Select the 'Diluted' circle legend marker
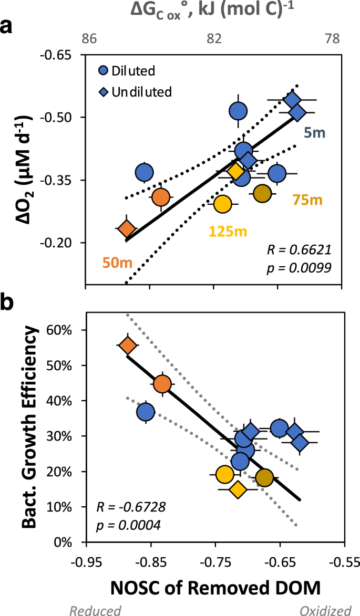tap(106, 70)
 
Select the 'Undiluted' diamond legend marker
tap(106, 91)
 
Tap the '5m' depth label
tap(315, 133)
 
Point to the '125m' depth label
tap(229, 231)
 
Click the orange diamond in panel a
tap(127, 229)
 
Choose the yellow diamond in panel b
tap(238, 489)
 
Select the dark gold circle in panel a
tap(262, 193)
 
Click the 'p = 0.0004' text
tap(122, 524)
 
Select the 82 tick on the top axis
tap(213, 38)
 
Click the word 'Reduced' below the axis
tap(96, 610)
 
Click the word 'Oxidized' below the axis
tap(325, 610)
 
